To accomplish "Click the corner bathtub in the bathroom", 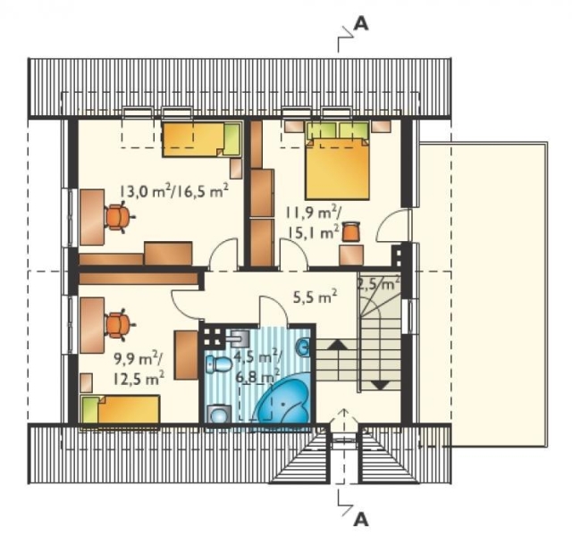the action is [283, 402].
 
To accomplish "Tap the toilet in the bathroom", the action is [218, 364].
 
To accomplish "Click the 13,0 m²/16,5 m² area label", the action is [174, 190].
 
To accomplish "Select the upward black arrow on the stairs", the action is [338, 345].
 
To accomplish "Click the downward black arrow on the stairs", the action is [380, 385].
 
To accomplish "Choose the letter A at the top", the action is [361, 24].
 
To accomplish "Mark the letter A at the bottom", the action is [361, 519].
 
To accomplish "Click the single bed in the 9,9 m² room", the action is [120, 409].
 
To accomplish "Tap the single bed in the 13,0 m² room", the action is [202, 140].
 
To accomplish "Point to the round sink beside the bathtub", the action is [303, 347].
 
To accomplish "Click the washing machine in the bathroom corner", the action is [219, 414].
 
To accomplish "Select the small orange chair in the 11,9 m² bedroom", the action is [351, 231].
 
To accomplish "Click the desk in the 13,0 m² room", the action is [92, 217].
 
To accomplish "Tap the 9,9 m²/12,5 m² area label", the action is [139, 369].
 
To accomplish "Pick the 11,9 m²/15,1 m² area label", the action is [313, 222].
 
